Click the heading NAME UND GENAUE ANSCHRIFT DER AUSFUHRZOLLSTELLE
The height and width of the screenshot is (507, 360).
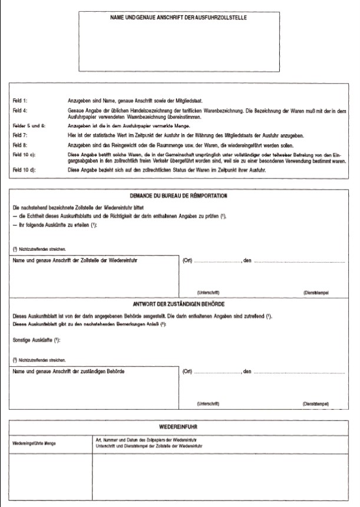179,18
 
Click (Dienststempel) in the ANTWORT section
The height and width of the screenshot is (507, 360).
315,405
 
